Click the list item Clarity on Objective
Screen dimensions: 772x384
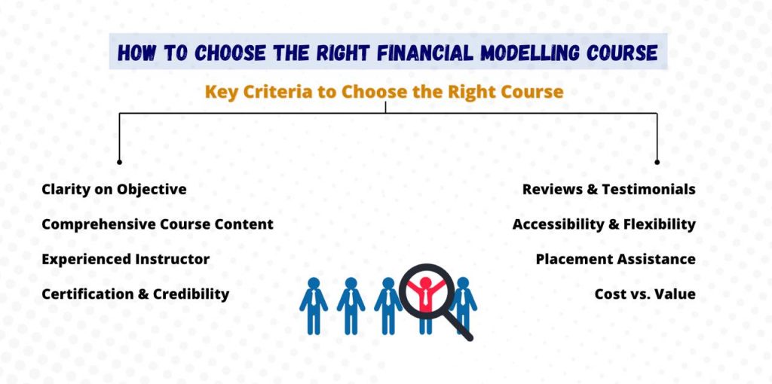[115, 189]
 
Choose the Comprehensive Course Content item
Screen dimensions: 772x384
[158, 224]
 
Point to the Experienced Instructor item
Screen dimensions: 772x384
[126, 259]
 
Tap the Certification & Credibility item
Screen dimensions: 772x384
[136, 294]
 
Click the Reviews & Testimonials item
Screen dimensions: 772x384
[609, 189]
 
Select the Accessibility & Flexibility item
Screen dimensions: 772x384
[604, 224]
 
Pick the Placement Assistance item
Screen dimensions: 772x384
[616, 259]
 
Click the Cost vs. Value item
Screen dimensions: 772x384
[645, 294]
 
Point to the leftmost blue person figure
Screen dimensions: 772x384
[314, 306]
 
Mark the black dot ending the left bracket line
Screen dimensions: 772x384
[119, 162]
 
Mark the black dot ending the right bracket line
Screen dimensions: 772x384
[657, 162]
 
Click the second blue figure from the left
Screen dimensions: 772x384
[351, 306]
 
